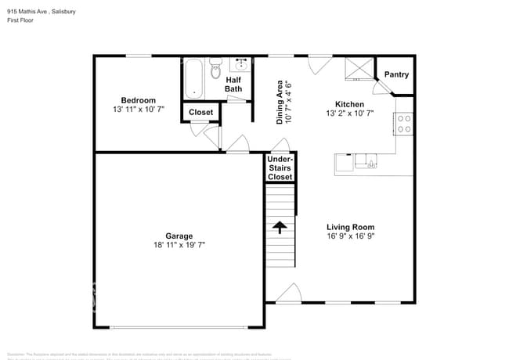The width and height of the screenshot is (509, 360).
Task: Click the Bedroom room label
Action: coord(138,100)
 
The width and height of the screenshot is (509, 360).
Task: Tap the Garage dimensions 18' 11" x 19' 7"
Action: coord(179,245)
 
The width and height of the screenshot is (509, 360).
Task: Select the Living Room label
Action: coord(350,227)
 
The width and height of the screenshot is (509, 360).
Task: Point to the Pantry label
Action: coord(396,75)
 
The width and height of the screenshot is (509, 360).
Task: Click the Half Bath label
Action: coord(234,84)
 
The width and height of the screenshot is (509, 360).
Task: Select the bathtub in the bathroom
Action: coord(193,78)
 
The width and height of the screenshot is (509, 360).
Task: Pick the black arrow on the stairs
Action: coord(280,227)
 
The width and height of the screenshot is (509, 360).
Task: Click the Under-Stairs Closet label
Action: coord(280,168)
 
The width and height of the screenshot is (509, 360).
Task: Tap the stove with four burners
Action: coord(405,124)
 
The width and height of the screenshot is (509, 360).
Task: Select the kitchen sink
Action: coord(366,161)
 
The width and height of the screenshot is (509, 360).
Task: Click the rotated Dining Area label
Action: coord(283,102)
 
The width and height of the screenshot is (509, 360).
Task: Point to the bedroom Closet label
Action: coord(201,113)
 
